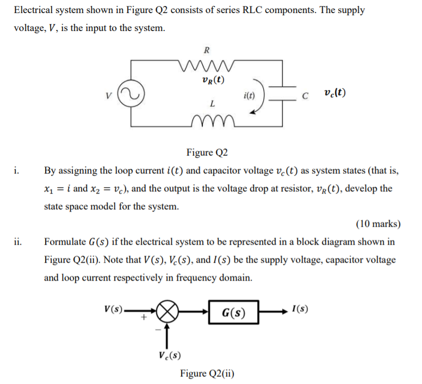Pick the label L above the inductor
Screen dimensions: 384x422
pos(212,103)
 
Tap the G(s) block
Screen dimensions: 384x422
pos(233,313)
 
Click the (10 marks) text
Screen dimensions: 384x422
pos(378,224)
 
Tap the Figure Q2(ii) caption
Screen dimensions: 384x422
pos(207,374)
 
